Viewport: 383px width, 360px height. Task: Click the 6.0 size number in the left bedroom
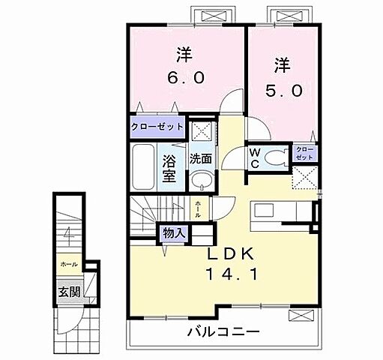[x=184, y=76]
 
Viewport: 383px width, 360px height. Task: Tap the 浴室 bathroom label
[x=169, y=168]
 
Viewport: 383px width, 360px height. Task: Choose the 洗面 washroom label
[x=199, y=158]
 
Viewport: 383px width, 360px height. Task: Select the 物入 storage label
[x=174, y=232]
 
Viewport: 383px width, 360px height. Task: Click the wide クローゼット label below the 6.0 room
[x=157, y=127]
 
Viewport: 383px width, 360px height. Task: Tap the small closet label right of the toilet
[x=304, y=154]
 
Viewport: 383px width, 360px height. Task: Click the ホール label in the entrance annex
[x=69, y=265]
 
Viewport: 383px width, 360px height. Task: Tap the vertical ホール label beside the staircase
[x=198, y=208]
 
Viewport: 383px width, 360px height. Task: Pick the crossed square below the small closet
[x=304, y=178]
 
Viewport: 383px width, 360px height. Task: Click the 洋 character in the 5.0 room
[x=282, y=66]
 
